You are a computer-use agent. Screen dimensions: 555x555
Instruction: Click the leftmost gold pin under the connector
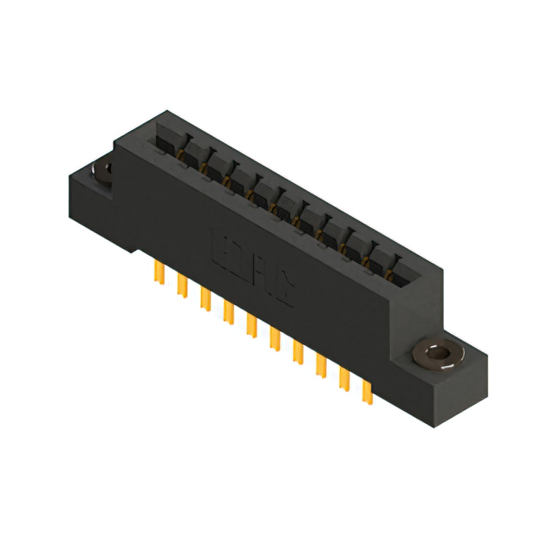click(160, 273)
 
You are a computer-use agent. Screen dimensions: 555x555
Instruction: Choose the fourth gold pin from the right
click(297, 350)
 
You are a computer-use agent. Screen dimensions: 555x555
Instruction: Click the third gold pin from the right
click(321, 363)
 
